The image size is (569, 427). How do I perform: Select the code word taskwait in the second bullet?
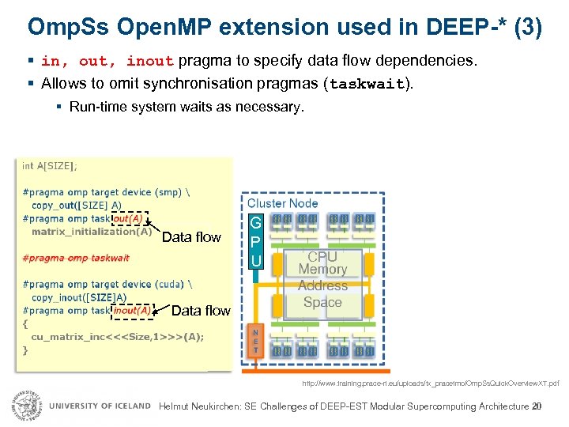point(367,84)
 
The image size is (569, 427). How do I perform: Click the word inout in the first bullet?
point(151,62)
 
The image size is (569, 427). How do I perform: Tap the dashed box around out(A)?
point(129,218)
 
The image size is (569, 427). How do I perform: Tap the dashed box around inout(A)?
point(133,311)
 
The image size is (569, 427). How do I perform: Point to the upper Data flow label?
point(191,237)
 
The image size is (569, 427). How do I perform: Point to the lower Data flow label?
point(201,311)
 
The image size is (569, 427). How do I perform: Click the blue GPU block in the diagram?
point(255,240)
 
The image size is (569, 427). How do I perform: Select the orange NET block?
point(255,341)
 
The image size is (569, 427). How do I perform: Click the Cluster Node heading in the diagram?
point(283,203)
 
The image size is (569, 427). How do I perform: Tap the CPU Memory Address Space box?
point(322,280)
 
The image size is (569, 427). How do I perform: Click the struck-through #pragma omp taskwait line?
point(76,258)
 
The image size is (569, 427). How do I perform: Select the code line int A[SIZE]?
point(50,166)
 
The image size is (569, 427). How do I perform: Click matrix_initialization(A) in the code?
point(92,232)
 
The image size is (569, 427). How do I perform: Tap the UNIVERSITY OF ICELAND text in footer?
point(100,406)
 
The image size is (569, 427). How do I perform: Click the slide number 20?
point(537,406)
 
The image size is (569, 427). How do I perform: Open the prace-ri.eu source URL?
point(430,384)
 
